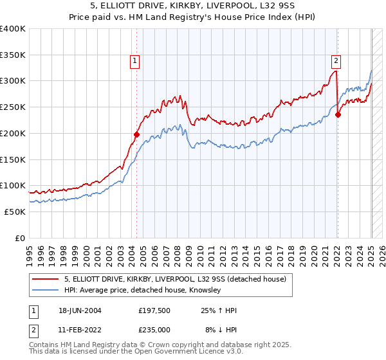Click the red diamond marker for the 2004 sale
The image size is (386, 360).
tap(136, 134)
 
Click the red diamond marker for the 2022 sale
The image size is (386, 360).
tap(338, 115)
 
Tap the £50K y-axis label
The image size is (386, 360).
tap(15, 212)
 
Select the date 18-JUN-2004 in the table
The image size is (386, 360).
tap(80, 310)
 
